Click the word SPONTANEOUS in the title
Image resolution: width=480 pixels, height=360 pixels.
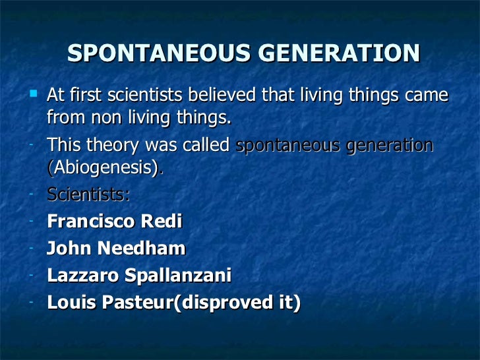144,53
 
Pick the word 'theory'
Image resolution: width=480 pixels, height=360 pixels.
113,145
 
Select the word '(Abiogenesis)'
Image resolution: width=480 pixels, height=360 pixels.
104,168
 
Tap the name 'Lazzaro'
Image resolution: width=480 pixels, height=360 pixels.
79,276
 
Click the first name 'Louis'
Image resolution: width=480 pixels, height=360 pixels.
69,303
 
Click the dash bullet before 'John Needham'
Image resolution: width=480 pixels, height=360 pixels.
32,247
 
